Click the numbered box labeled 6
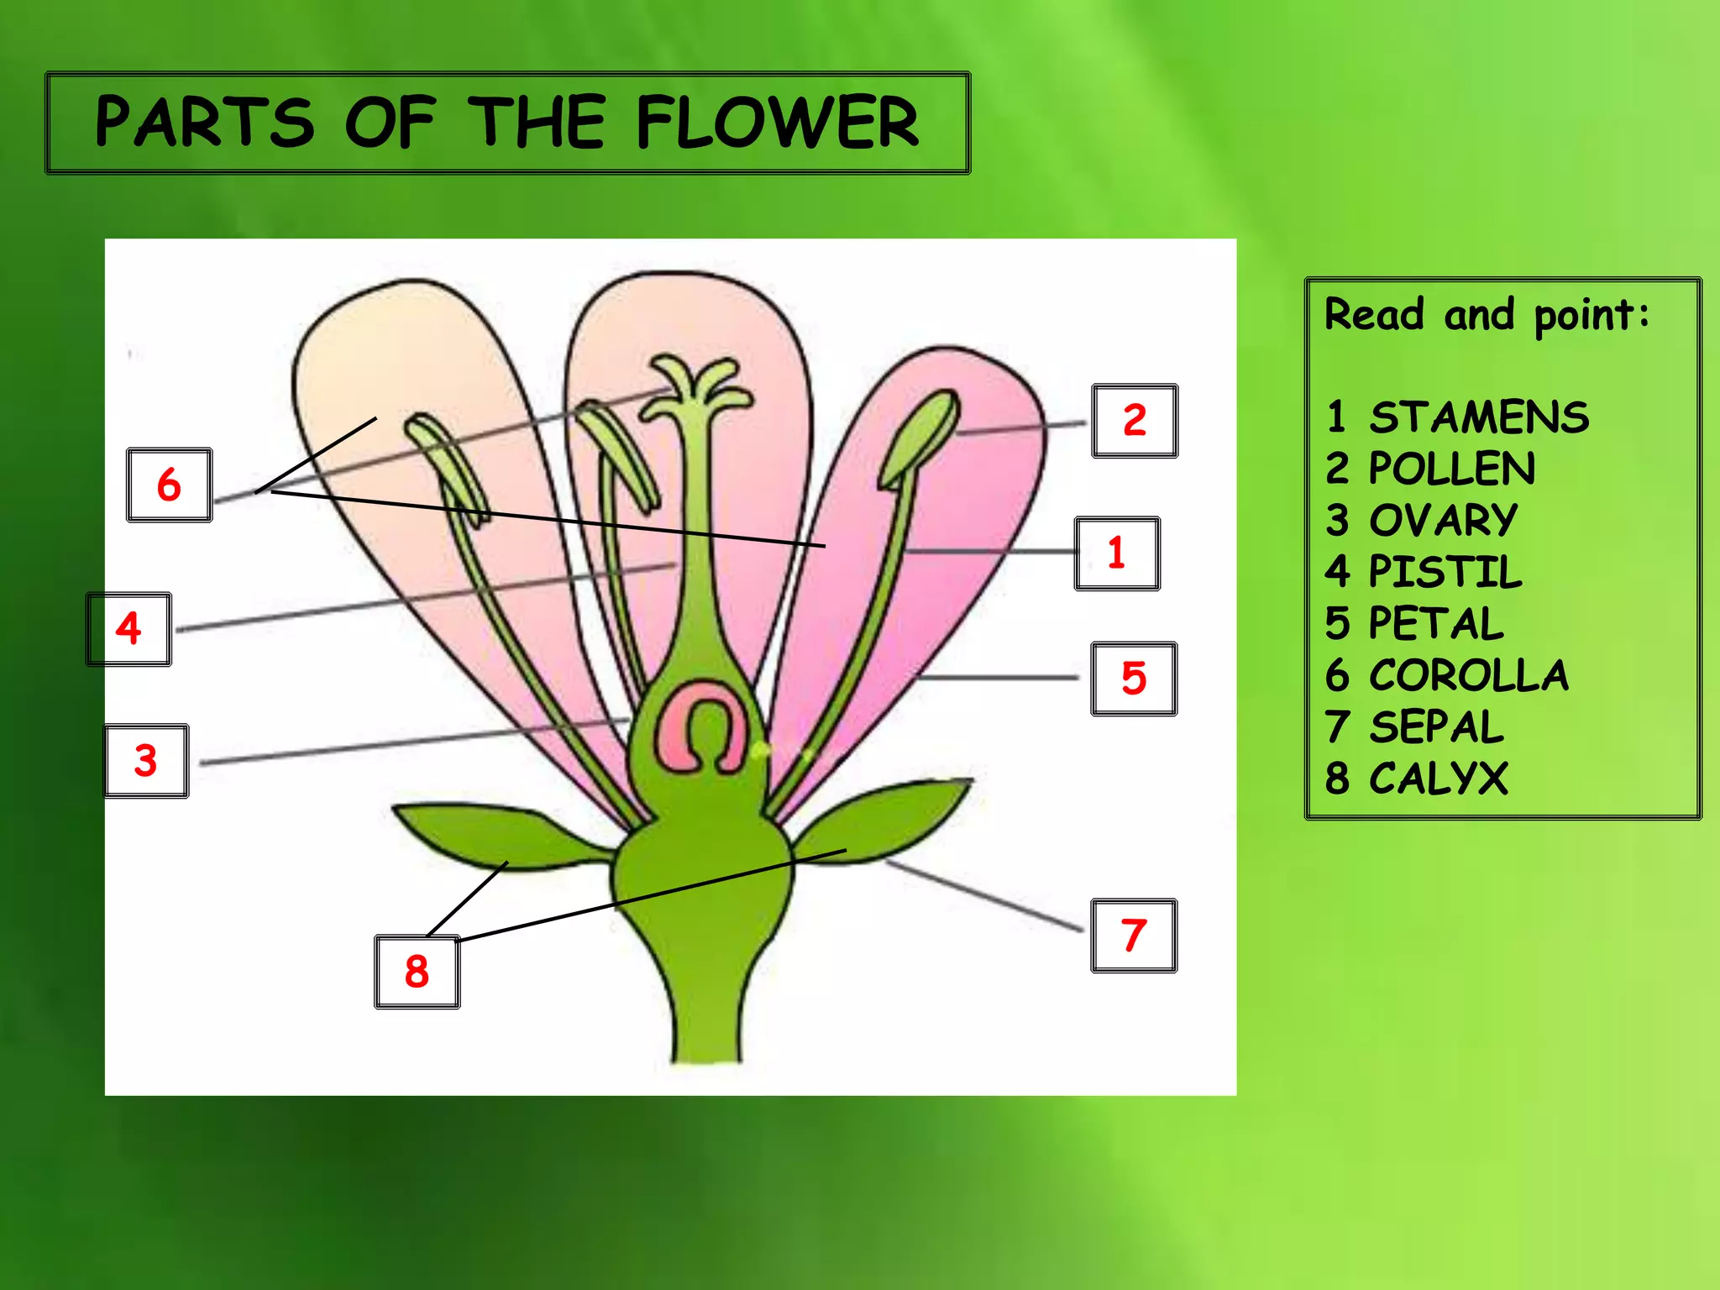[x=169, y=485]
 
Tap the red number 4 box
[x=128, y=629]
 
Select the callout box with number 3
[x=146, y=761]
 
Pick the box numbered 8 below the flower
[x=417, y=972]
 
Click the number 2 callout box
[x=1135, y=421]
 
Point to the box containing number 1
[x=1117, y=553]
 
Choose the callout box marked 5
[x=1134, y=679]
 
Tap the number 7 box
[x=1134, y=936]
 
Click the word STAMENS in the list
[x=1478, y=417]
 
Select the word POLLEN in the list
[x=1451, y=469]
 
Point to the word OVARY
[x=1443, y=521]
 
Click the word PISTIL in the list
[x=1445, y=572]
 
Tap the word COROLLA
[x=1468, y=675]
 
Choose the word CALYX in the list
[x=1438, y=779]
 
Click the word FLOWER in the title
[x=777, y=123]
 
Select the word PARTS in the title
[x=204, y=123]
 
